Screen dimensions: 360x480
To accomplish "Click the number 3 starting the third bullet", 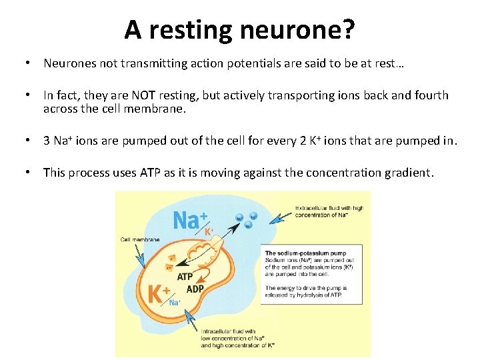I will [47, 141].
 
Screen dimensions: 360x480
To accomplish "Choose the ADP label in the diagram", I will [195, 289].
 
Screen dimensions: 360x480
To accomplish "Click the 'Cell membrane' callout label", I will [139, 239].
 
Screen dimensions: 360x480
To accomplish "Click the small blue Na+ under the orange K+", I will [175, 302].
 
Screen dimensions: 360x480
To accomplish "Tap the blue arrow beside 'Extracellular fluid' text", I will [281, 215].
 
